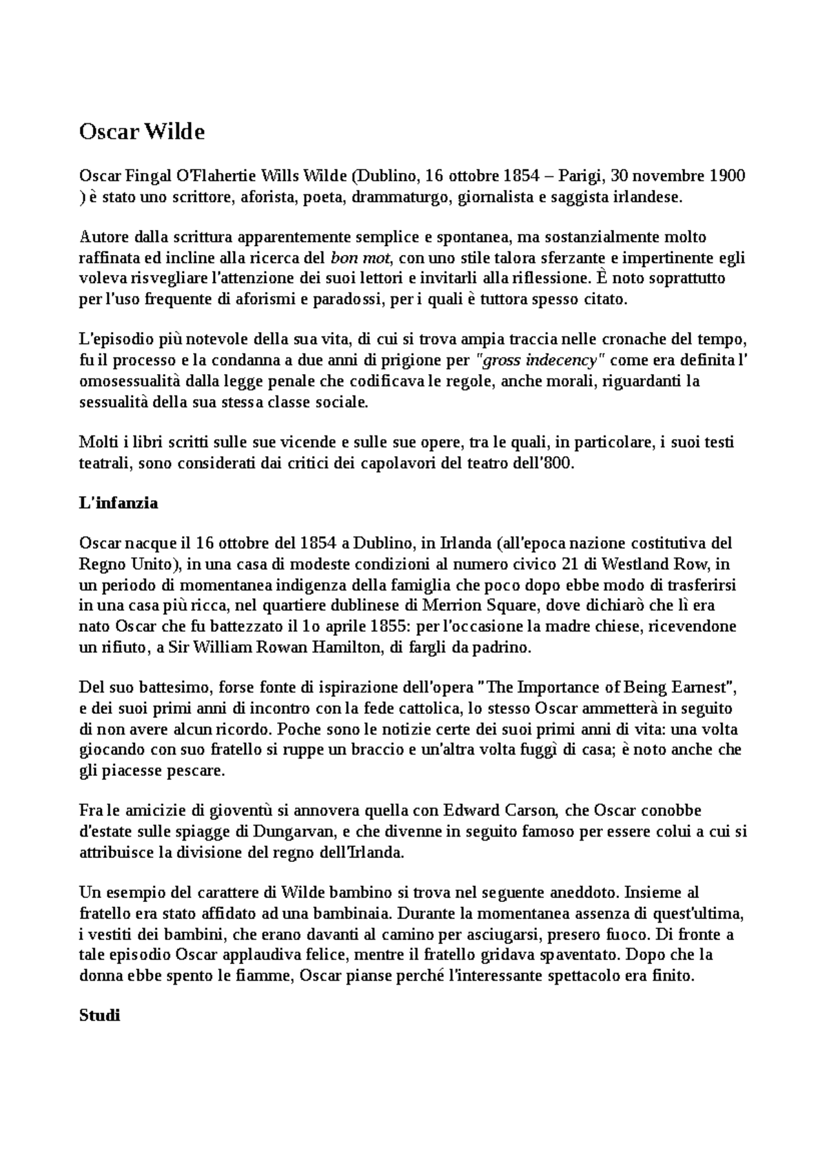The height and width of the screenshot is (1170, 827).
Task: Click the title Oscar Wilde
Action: [142, 132]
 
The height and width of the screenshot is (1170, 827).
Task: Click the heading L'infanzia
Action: [119, 503]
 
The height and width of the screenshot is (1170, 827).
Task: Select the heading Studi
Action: [100, 1015]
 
